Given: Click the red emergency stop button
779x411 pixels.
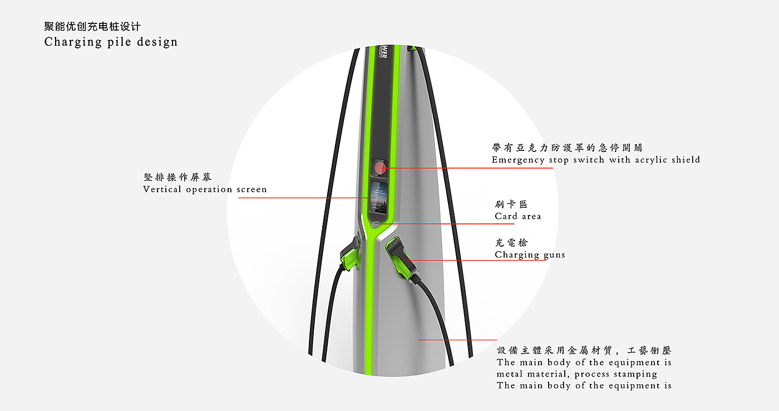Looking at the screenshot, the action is click(x=381, y=168).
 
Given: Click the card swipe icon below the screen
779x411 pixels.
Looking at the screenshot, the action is click(x=376, y=224).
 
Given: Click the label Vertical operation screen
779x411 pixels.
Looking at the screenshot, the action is click(x=205, y=189).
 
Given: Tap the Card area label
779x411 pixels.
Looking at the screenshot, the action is click(x=517, y=216).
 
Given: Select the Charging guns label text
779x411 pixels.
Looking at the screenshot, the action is click(x=530, y=255).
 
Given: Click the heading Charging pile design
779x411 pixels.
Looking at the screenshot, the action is click(x=111, y=42).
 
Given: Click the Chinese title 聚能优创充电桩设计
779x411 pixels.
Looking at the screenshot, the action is click(x=92, y=26).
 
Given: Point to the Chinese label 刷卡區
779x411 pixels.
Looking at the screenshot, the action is click(x=511, y=204).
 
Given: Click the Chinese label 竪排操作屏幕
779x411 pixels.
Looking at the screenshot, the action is click(x=178, y=178).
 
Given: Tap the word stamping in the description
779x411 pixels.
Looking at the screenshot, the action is click(x=636, y=374).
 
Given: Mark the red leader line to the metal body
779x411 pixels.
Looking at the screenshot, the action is click(x=457, y=339).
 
